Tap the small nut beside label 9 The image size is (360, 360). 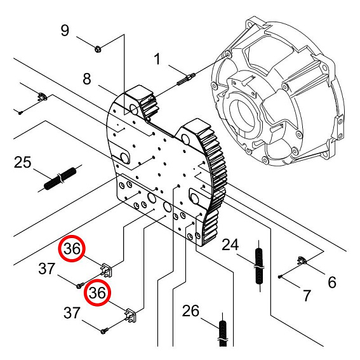coord(97,48)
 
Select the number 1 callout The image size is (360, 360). coord(156,60)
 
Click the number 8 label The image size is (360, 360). coord(87,79)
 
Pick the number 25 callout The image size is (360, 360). coord(22,163)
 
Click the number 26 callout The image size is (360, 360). coord(190,311)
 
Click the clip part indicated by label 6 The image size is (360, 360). coord(302,259)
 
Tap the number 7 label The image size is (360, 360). coord(307,295)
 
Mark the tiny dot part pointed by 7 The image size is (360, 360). coord(280,276)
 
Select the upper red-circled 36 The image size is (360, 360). coord(73,250)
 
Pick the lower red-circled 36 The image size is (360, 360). coord(97,293)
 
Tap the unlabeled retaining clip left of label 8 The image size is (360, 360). coord(42,97)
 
